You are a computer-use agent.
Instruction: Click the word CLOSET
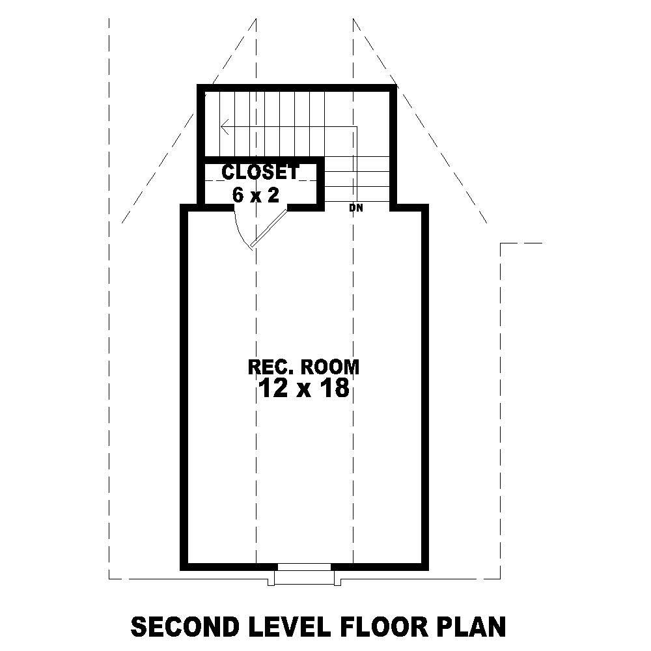pyautogui.click(x=260, y=172)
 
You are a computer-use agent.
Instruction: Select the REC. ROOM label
pyautogui.click(x=303, y=367)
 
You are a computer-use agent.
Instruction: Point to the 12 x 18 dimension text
pyautogui.click(x=303, y=389)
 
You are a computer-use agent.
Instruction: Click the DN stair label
pyautogui.click(x=355, y=208)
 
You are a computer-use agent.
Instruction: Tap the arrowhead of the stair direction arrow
pyautogui.click(x=225, y=126)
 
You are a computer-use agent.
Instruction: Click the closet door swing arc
pyautogui.click(x=240, y=228)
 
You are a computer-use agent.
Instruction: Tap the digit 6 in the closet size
pyautogui.click(x=238, y=195)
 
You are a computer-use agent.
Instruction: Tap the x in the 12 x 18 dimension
pyautogui.click(x=304, y=390)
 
